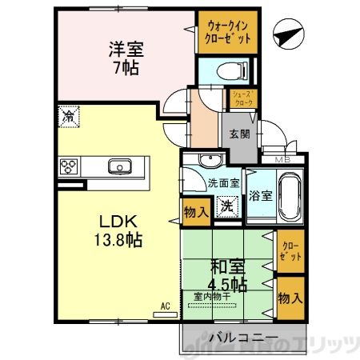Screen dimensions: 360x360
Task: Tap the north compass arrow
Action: tap(287, 34)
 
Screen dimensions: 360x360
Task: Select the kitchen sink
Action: tap(121, 166)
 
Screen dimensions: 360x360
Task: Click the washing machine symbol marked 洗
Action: tap(227, 206)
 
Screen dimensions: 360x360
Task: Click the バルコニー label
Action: tap(239, 337)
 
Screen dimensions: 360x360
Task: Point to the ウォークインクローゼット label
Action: tap(224, 31)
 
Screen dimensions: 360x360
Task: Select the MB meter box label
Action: tap(282, 158)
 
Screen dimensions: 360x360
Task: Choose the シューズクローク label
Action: tap(242, 98)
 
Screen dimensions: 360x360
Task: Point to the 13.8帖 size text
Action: tap(121, 239)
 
